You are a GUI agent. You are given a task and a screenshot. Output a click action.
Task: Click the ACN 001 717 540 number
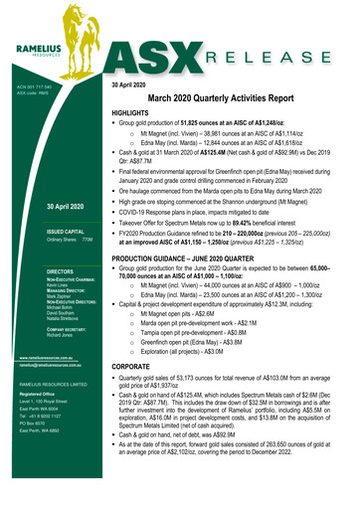pyautogui.click(x=33, y=87)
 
